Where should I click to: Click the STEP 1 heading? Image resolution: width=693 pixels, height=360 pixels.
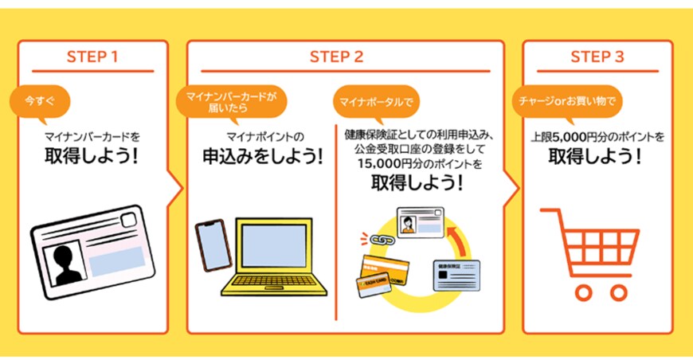pos(92,57)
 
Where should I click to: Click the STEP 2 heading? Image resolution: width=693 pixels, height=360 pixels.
pos(336,57)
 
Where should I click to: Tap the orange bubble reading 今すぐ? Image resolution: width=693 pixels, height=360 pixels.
pos(40,101)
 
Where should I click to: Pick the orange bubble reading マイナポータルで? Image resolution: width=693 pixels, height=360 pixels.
pos(374,101)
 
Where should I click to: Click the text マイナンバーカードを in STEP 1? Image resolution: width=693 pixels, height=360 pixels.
pos(92,137)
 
